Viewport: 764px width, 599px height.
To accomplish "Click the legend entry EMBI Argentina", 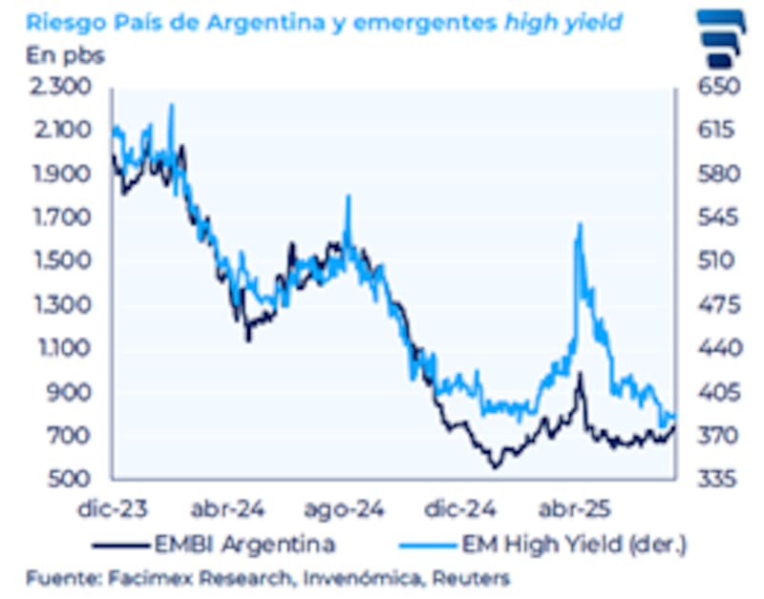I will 244,545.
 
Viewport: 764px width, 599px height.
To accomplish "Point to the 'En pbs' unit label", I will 64,53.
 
